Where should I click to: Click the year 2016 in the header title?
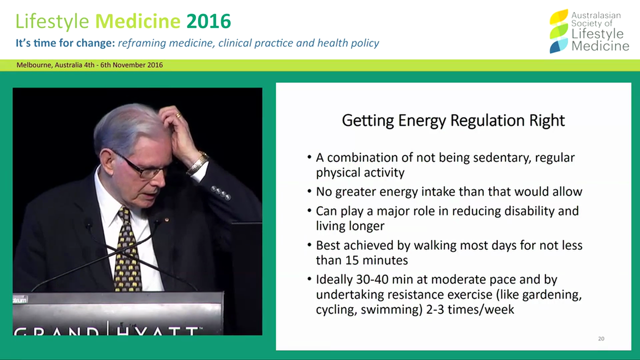(208, 21)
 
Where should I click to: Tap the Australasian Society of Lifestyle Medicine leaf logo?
(558, 31)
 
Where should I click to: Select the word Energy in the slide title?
(421, 120)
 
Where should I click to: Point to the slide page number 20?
(601, 338)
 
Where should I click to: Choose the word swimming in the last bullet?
(388, 309)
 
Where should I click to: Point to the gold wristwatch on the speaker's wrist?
(198, 163)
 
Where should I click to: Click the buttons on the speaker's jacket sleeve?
(220, 192)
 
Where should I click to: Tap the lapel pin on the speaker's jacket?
(167, 219)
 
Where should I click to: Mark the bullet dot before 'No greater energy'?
(309, 192)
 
